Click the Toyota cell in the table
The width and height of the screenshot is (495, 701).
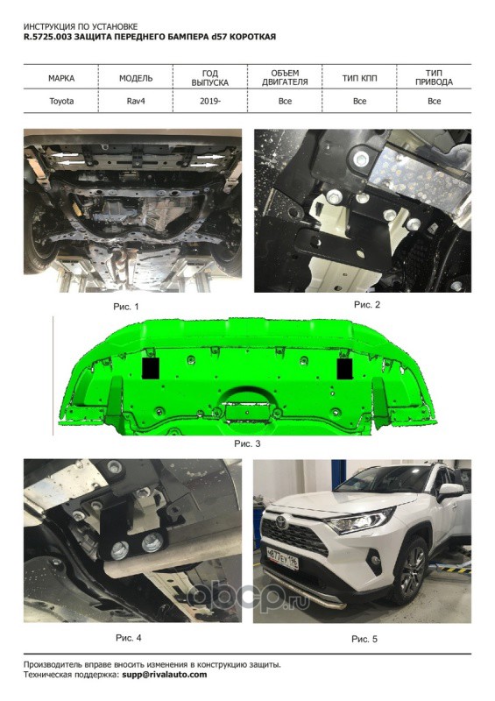tap(61, 101)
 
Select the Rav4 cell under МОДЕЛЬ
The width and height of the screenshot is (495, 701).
tap(136, 101)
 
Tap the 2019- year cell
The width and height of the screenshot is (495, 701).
tap(210, 101)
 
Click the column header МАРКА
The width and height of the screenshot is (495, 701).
tap(61, 78)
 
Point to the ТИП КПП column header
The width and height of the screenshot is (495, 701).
tap(359, 78)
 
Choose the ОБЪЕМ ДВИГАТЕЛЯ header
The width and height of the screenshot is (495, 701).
tap(285, 78)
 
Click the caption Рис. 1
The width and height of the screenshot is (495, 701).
tap(126, 307)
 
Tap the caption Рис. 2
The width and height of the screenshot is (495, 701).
tap(367, 305)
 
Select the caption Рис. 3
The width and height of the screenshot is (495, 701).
tap(247, 444)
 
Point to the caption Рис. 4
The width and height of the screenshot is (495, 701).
tap(128, 638)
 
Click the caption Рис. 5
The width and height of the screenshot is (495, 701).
tap(364, 640)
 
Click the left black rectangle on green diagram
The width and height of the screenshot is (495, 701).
tap(151, 368)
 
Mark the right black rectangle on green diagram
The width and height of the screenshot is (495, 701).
tap(345, 368)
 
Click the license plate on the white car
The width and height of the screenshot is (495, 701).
tap(282, 558)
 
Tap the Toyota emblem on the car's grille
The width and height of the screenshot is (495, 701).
tap(282, 522)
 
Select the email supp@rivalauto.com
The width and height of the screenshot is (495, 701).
tap(165, 675)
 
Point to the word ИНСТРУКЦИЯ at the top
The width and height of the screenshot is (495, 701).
tap(46, 27)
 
